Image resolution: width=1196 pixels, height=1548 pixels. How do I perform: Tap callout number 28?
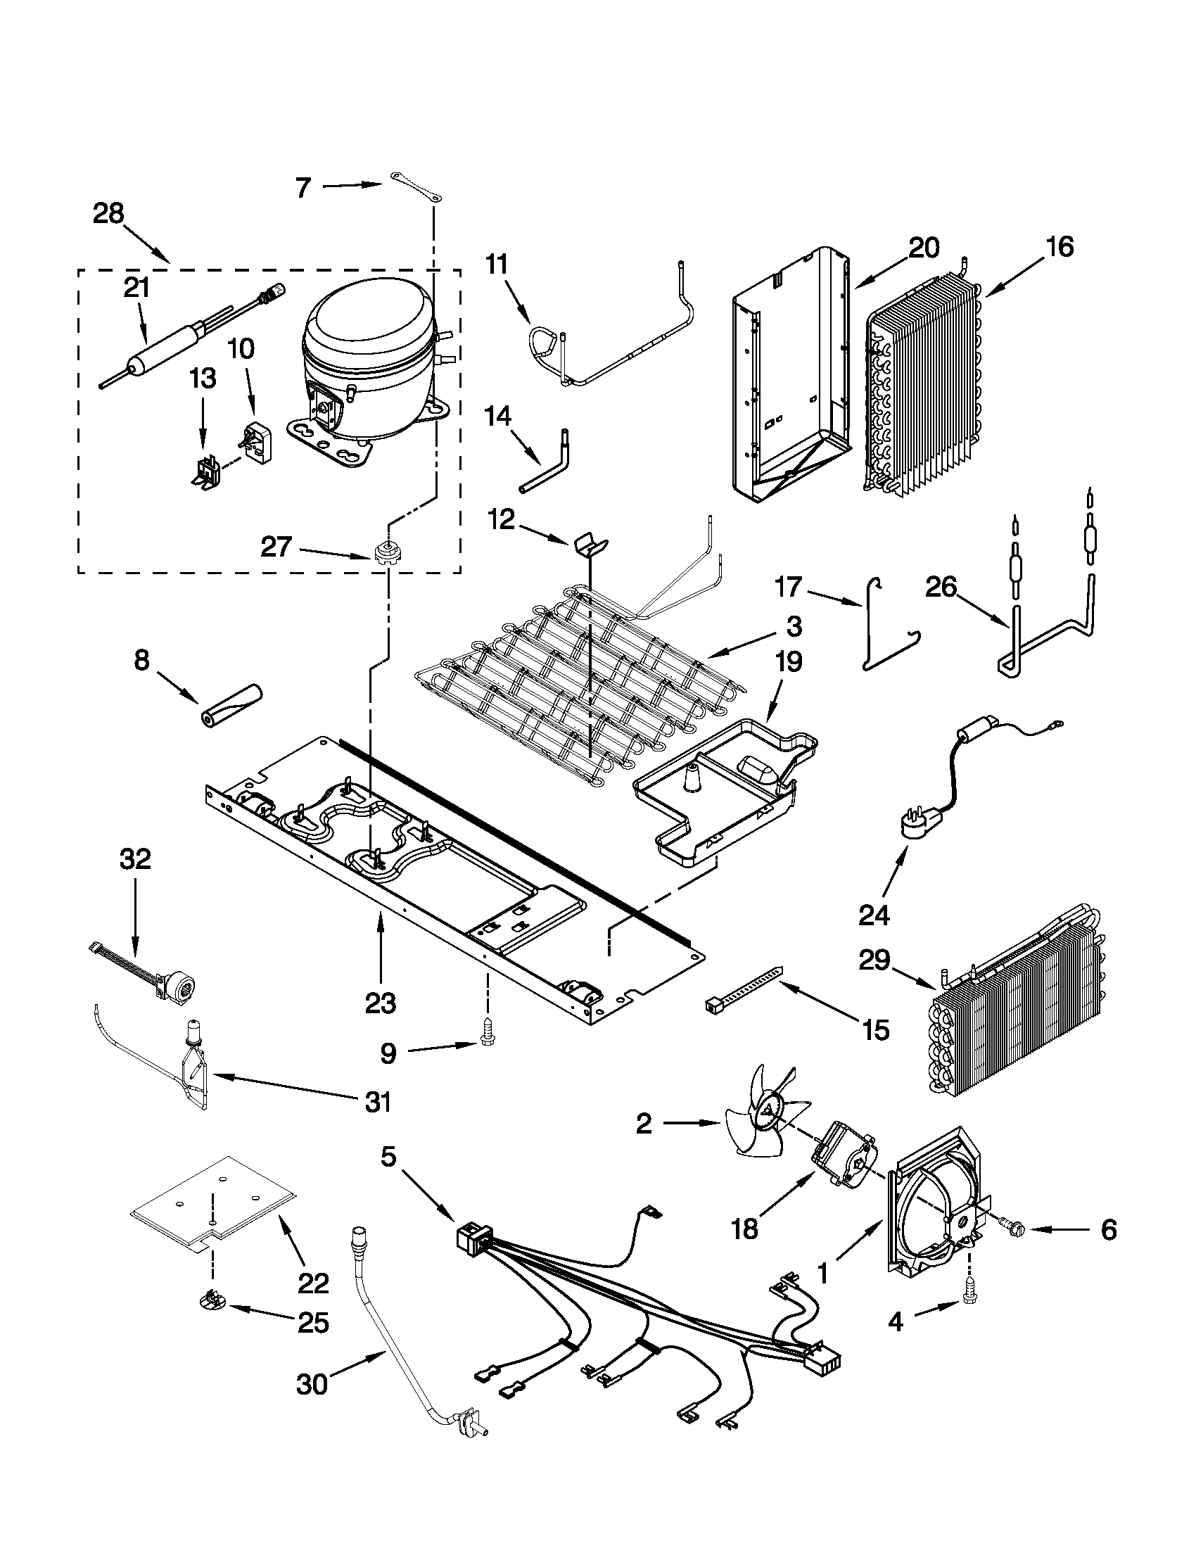click(108, 213)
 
